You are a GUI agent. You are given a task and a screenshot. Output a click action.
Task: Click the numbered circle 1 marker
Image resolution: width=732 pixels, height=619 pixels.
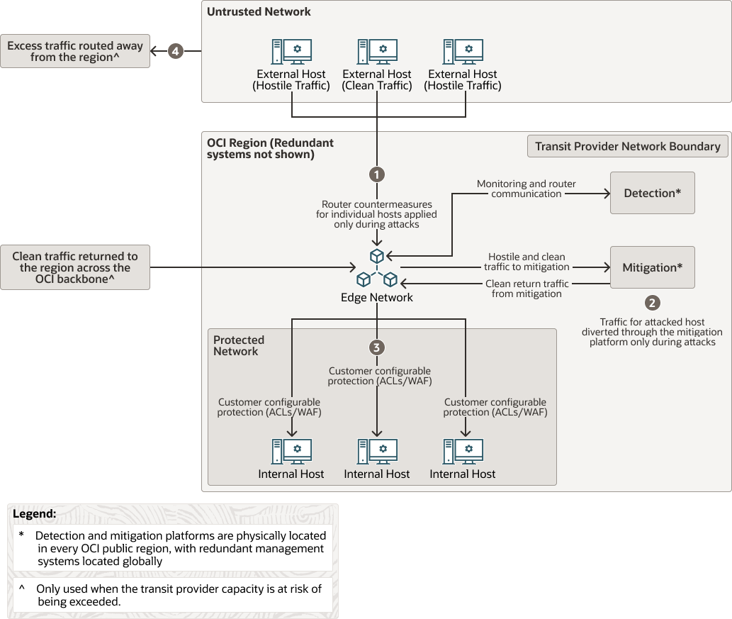click(377, 174)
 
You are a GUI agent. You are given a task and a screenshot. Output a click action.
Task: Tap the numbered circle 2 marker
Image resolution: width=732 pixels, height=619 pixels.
click(652, 303)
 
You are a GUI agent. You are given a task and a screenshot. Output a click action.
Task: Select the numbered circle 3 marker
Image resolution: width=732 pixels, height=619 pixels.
click(377, 347)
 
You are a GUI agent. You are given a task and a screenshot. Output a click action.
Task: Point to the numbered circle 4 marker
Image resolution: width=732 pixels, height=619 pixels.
click(175, 51)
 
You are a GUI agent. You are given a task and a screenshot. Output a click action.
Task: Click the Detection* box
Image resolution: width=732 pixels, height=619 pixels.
click(652, 193)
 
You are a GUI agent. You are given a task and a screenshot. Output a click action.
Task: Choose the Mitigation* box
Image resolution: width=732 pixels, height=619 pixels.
click(652, 267)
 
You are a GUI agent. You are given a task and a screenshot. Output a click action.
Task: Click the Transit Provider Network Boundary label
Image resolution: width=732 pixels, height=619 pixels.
click(627, 146)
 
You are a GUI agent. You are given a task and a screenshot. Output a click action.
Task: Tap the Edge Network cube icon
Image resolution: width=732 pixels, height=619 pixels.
click(377, 267)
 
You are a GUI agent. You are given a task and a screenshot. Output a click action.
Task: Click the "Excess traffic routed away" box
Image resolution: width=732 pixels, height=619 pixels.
click(75, 51)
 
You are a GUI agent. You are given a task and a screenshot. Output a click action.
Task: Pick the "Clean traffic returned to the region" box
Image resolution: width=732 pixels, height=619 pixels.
click(75, 268)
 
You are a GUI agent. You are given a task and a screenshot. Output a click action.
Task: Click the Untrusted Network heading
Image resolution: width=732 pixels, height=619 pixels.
click(259, 12)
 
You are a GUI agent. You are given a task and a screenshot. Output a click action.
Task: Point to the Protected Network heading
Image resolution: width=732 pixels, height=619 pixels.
click(239, 345)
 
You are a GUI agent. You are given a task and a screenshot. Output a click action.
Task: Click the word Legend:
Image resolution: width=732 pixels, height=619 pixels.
click(35, 513)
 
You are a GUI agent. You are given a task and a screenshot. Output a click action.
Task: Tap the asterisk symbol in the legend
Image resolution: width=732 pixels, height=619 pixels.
click(22, 536)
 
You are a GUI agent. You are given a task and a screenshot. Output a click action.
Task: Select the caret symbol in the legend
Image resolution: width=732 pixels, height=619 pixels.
click(22, 589)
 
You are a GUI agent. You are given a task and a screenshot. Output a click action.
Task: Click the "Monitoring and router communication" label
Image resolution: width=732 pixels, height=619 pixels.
click(526, 189)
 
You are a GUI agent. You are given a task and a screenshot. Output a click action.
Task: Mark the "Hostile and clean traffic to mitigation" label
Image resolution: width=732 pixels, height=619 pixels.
click(526, 262)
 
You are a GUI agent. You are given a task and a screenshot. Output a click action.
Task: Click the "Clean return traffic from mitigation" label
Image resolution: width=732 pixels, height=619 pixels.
click(526, 289)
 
